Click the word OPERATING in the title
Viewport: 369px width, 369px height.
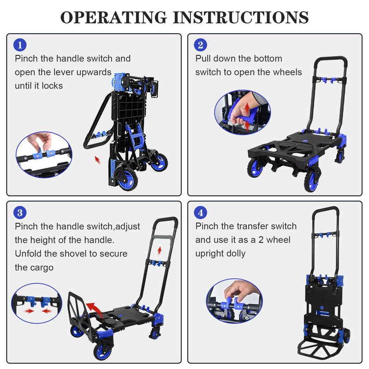tap(113, 18)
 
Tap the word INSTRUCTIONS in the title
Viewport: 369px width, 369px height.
tap(240, 18)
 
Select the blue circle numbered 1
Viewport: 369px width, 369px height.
tap(20, 45)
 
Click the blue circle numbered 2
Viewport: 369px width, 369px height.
tap(201, 45)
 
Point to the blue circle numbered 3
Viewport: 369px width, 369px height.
tap(20, 213)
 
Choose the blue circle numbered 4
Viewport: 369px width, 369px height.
tap(201, 213)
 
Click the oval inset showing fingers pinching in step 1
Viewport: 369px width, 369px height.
tap(44, 155)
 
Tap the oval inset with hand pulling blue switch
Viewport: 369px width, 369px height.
tap(243, 112)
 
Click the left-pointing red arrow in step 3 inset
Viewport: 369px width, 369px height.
tap(47, 311)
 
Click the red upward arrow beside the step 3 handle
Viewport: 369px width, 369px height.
tap(160, 250)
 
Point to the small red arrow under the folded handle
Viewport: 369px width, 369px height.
tap(98, 160)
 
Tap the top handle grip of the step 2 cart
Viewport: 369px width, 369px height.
tap(331, 59)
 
